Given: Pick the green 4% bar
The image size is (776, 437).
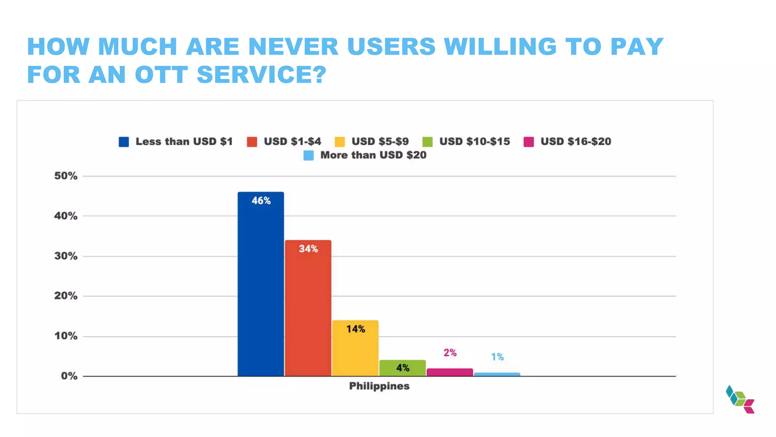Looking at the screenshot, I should click(402, 368).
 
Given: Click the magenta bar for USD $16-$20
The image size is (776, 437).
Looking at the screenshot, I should click(450, 372).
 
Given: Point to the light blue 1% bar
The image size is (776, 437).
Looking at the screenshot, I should click(497, 374).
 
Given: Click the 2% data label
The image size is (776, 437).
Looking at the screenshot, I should click(450, 353).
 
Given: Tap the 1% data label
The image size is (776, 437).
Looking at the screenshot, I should click(497, 357).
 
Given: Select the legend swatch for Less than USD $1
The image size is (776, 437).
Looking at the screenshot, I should click(124, 142).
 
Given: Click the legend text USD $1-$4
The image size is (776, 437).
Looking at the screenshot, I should click(292, 141).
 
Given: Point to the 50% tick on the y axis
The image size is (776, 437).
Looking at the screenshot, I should click(66, 176).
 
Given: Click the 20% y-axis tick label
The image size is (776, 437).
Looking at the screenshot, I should click(66, 296).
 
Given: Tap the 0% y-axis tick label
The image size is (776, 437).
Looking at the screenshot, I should click(69, 376).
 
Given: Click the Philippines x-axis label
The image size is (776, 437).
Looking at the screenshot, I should click(379, 386).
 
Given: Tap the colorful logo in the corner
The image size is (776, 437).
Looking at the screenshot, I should click(740, 399).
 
